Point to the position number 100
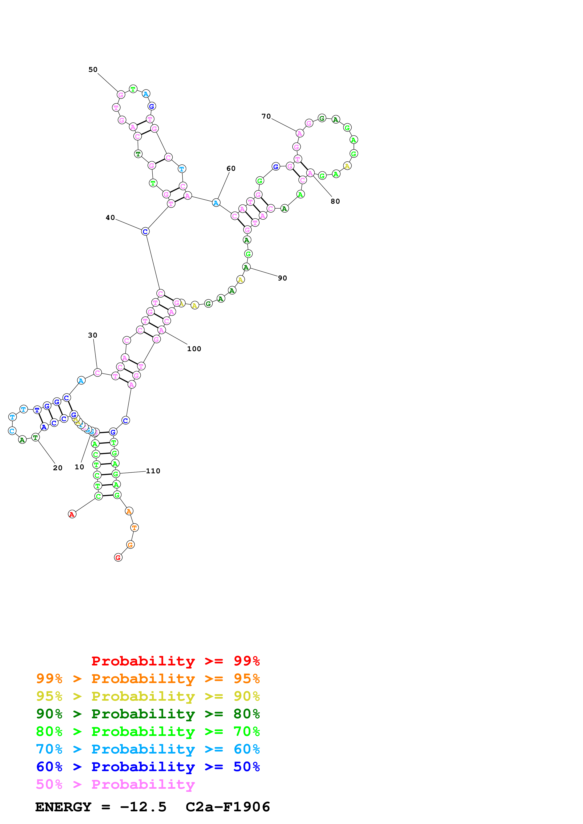tap(194, 349)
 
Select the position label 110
tap(153, 471)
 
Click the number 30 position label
tap(93, 335)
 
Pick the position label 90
tap(282, 278)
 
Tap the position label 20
tap(57, 468)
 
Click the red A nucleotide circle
tap(72, 514)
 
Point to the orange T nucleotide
tap(134, 528)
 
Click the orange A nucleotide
tap(129, 511)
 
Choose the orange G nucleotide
tap(130, 545)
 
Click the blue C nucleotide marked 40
tap(145, 231)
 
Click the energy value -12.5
tap(143, 807)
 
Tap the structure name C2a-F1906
tap(228, 807)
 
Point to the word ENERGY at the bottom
tap(63, 807)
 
